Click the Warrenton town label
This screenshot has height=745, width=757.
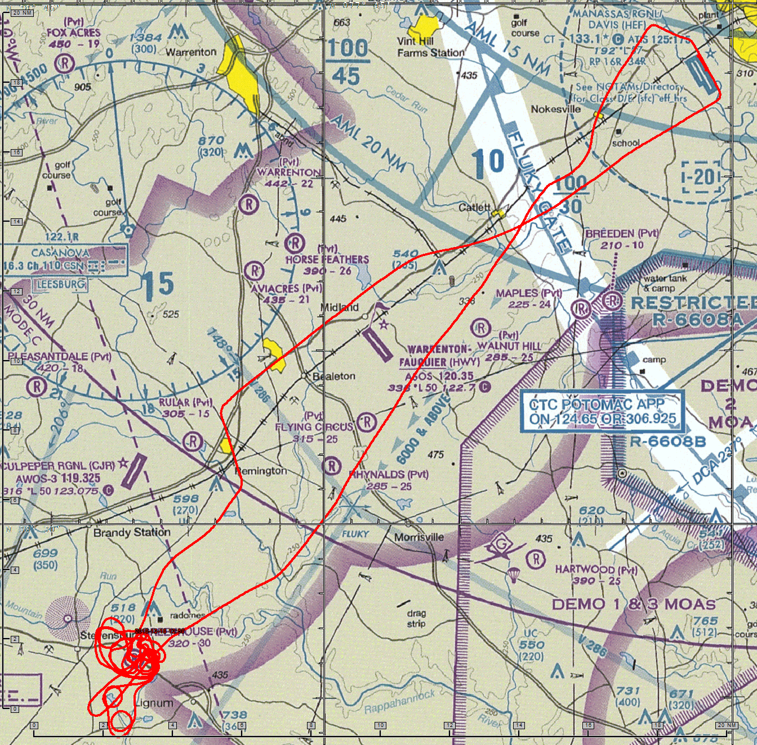[191, 52]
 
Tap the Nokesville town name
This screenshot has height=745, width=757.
[555, 109]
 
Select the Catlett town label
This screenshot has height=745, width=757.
[474, 208]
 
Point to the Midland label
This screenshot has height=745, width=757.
[340, 307]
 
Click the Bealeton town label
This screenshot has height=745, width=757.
[334, 376]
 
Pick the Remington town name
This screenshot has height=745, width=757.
[261, 470]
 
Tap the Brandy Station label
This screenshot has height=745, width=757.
[132, 532]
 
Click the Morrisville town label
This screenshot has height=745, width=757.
[419, 537]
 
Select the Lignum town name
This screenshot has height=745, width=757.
[153, 703]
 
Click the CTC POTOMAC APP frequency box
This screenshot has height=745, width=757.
[602, 411]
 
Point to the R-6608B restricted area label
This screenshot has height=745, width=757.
[667, 442]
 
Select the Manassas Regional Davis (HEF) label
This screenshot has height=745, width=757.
[617, 19]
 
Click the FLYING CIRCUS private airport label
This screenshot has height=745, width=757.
[314, 427]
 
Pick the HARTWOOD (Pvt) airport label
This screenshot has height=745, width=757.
[595, 569]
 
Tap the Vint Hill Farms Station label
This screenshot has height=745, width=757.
[431, 47]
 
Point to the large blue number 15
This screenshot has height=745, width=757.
[157, 285]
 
